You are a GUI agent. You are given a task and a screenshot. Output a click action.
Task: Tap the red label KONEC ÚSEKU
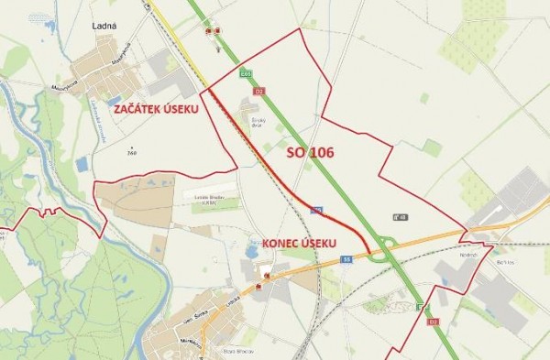(300, 243)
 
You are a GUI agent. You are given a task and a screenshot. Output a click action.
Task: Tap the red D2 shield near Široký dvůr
(259, 92)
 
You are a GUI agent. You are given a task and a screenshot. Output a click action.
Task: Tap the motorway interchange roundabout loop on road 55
(386, 243)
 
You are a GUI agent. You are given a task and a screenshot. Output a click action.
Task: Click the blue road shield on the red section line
(316, 210)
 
